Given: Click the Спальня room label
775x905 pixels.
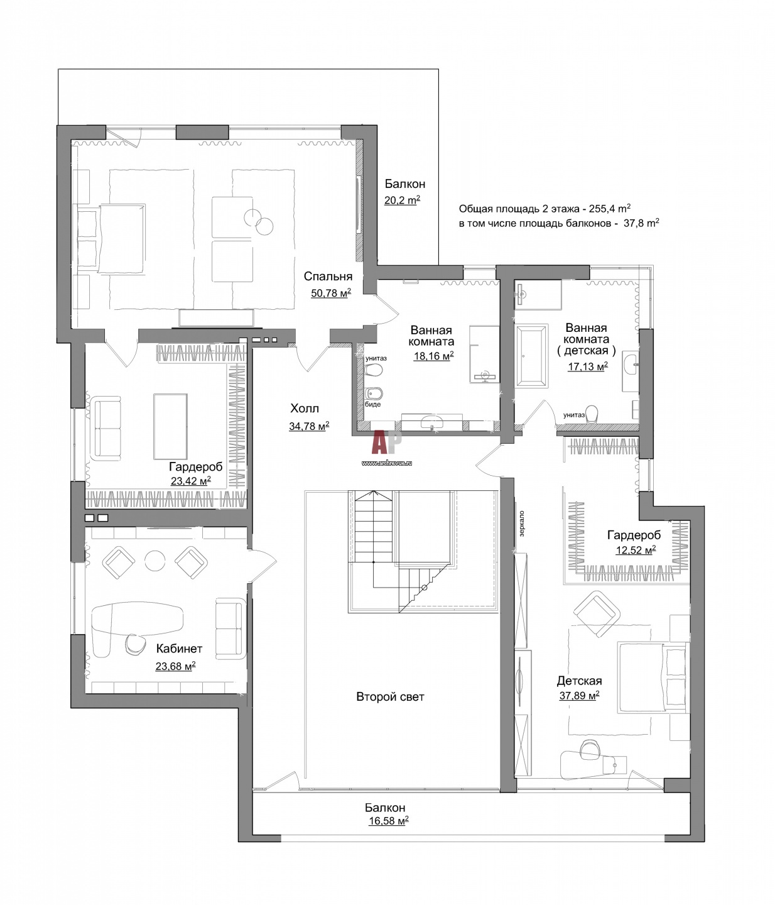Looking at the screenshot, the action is [x=328, y=277].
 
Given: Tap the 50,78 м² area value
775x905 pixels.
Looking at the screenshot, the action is [x=331, y=293].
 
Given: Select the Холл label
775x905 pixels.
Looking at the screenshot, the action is [x=305, y=409].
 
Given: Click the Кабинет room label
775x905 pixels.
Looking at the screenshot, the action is [x=180, y=648].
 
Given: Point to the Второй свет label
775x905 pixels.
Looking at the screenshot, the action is [x=391, y=696].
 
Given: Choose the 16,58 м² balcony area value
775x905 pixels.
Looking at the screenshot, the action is [x=389, y=821].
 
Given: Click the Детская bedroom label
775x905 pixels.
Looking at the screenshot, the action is [x=580, y=681].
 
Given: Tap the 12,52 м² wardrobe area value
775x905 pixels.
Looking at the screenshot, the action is [x=636, y=550].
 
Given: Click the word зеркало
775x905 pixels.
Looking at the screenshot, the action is [x=521, y=524].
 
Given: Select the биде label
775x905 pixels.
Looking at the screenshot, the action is [x=373, y=404].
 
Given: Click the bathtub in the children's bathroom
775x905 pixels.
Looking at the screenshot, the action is [x=531, y=356].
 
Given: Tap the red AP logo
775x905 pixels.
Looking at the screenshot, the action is [x=387, y=442].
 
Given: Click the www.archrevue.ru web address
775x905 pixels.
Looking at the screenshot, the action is [x=387, y=463].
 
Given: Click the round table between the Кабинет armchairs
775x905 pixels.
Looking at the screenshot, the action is [x=155, y=561].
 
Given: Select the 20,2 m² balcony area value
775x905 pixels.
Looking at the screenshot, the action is [x=402, y=200].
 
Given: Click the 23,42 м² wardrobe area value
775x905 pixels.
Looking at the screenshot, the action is [x=191, y=481].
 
